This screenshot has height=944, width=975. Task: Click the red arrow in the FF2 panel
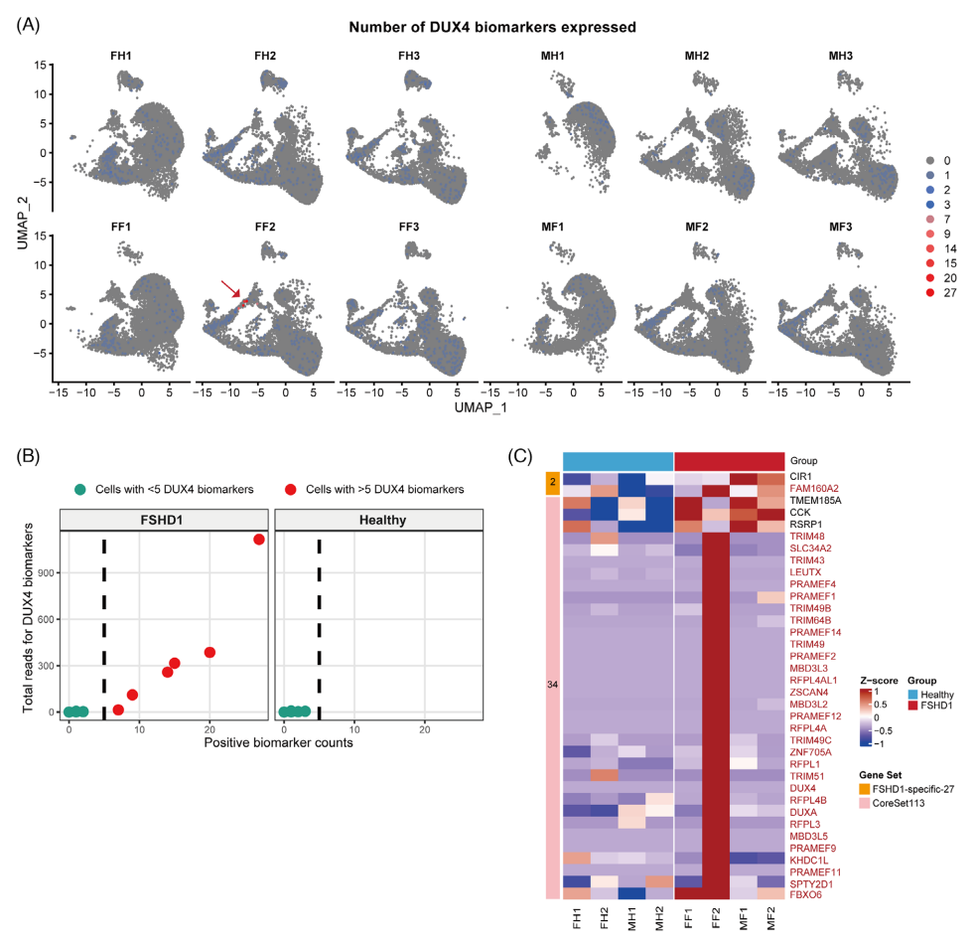(230, 289)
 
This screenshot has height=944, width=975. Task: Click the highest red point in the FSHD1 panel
(258, 540)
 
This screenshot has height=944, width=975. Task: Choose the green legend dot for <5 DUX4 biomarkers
(80, 489)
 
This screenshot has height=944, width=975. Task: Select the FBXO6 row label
(806, 894)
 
